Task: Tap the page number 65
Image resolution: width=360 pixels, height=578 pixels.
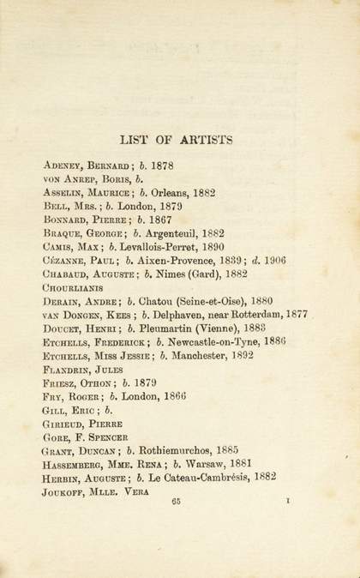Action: click(x=178, y=504)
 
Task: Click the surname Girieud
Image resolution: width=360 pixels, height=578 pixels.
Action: click(x=66, y=424)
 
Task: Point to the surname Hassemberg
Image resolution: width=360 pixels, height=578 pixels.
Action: click(x=77, y=465)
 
